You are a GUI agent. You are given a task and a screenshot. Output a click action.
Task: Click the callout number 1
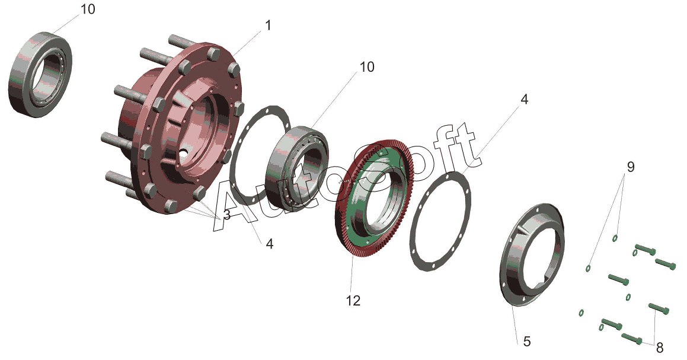268,25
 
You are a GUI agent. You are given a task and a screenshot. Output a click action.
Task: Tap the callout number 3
226,215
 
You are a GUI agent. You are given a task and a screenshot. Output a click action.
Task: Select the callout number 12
353,301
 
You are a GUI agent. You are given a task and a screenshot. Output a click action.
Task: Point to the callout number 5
526,340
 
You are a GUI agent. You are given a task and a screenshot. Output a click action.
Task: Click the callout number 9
630,167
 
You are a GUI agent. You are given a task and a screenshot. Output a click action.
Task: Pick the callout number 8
660,348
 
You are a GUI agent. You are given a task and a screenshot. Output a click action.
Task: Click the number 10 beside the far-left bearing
88,9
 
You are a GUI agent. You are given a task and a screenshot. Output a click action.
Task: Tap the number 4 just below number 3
270,244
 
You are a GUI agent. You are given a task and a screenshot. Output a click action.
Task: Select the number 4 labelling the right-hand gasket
524,100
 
